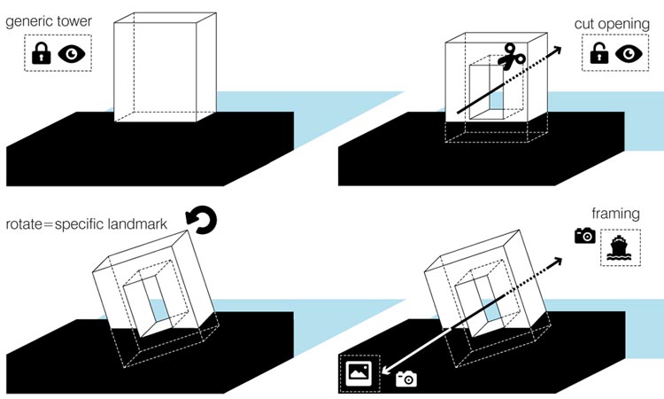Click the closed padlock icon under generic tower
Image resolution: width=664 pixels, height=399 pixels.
click(x=41, y=55)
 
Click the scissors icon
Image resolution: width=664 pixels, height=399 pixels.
click(x=512, y=59)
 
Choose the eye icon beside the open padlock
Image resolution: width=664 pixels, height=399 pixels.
click(x=629, y=54)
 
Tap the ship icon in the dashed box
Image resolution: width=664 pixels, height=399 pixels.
click(x=617, y=247)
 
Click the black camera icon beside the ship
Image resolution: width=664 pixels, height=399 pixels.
click(x=584, y=235)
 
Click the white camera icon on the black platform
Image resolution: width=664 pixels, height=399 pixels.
click(x=405, y=379)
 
